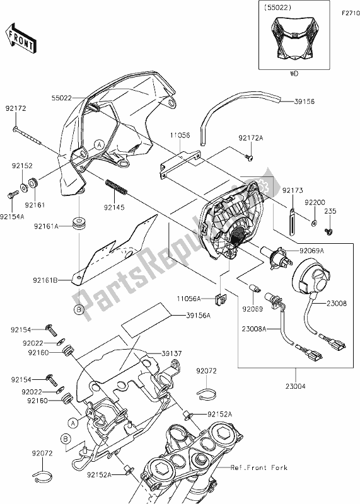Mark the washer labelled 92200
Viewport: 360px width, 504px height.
point(313,222)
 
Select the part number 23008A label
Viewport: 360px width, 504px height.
point(253,328)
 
